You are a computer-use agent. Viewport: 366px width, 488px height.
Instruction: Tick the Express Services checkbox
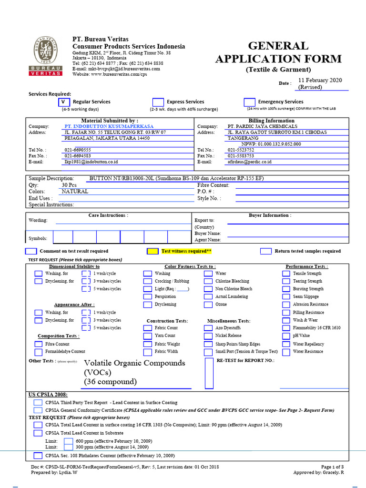[x=158, y=102]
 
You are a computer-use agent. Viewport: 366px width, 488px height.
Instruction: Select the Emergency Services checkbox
[x=249, y=102]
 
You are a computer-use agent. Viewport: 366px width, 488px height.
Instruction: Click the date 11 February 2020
[x=320, y=81]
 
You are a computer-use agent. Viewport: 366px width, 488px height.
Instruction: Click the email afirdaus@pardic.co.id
[x=249, y=162]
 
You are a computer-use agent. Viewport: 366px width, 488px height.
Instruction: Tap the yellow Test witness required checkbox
[x=152, y=251]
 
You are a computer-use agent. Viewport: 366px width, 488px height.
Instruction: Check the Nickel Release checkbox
[x=208, y=336]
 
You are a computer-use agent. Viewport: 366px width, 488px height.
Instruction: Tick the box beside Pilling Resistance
[x=286, y=313]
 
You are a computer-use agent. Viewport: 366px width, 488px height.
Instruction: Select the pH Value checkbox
[x=286, y=336]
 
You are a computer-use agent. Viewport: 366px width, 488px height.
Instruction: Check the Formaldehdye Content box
[x=38, y=352]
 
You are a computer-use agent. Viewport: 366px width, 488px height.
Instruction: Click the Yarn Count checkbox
[x=147, y=336]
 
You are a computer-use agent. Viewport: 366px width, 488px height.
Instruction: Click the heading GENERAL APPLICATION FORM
[x=278, y=52]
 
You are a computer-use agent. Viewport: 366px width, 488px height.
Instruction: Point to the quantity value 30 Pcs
[x=69, y=185]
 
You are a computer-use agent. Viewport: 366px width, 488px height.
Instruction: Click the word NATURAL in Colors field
[x=75, y=191]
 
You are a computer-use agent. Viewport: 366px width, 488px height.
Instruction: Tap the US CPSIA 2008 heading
[x=48, y=395]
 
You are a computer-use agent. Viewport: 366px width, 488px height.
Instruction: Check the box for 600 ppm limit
[x=69, y=441]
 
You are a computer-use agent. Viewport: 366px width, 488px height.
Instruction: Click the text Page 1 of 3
[x=332, y=467]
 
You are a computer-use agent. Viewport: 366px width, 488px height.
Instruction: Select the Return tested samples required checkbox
[x=266, y=251]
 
